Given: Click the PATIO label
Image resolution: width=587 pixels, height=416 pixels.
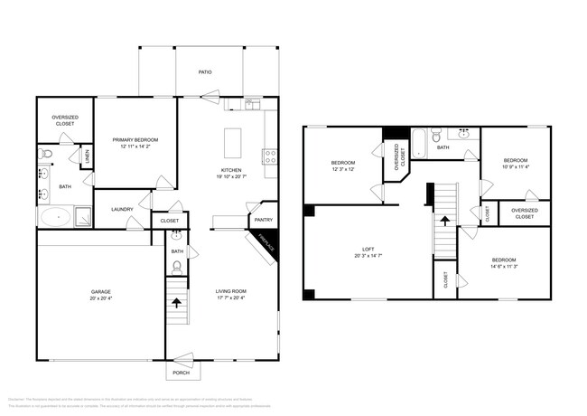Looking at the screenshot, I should point(206,71).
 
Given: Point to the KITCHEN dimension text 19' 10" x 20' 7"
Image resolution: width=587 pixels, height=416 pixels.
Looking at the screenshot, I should point(231,177).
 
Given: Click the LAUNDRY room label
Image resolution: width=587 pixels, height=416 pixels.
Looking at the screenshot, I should point(123,210).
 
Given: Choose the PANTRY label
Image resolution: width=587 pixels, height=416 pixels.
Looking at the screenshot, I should point(263,219).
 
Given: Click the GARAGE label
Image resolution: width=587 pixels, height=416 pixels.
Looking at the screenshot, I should point(100,291).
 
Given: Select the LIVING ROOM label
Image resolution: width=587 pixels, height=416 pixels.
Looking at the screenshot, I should point(231,291).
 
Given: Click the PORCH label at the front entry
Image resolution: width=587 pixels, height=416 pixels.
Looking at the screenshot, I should point(182,373).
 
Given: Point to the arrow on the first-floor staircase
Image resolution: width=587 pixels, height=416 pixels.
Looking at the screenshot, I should point(176,304).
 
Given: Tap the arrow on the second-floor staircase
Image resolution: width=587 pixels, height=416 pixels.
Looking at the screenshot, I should point(444,220).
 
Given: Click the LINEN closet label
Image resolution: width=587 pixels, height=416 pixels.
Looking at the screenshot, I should point(88,159).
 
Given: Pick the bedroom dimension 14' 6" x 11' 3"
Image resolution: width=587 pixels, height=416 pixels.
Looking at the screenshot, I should point(503,267).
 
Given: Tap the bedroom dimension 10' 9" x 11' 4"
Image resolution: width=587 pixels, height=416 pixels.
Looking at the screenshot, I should point(515,165).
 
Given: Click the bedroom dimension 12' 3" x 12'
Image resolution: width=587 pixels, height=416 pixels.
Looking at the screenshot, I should point(344,169).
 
